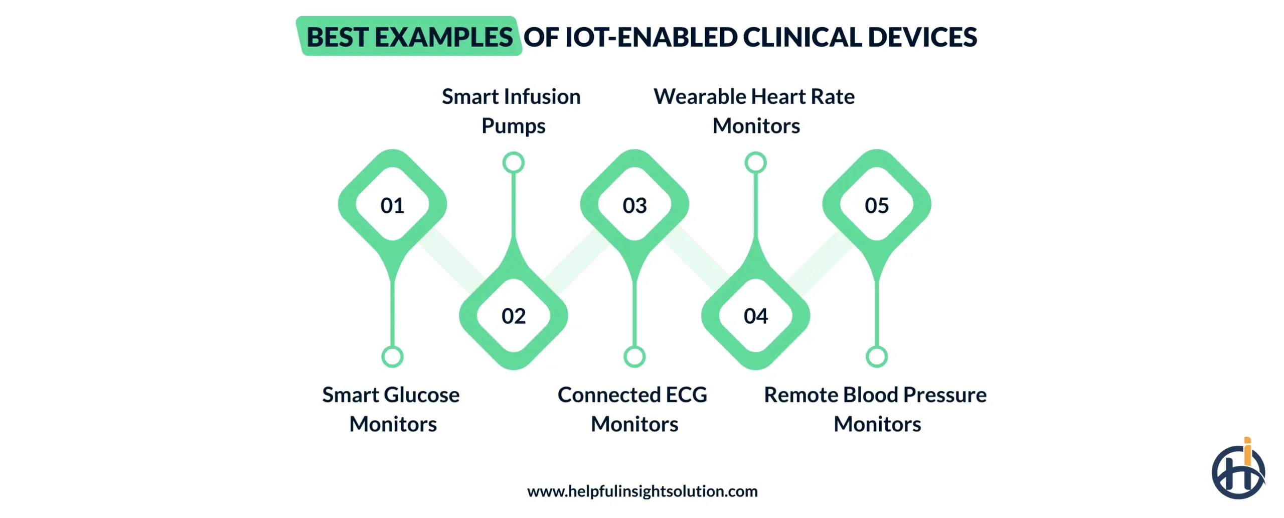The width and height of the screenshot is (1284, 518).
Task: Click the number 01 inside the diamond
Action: (392, 205)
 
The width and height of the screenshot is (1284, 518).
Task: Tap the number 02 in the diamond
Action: (514, 316)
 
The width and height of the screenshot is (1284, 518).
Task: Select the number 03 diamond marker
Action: (634, 205)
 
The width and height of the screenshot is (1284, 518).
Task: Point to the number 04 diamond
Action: (755, 316)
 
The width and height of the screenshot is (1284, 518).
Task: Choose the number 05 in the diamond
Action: (876, 205)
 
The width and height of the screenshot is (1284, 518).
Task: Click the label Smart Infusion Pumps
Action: (512, 111)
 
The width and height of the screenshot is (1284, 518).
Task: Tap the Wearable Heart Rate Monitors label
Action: (754, 111)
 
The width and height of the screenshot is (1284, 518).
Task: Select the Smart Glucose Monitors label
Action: (392, 409)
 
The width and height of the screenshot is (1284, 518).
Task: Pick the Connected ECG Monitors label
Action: (633, 409)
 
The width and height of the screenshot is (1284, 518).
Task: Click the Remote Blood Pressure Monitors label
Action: (876, 409)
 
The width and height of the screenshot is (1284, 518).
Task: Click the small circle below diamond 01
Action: (392, 356)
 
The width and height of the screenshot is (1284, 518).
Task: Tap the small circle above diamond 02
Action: (514, 163)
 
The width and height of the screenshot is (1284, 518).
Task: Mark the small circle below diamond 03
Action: (634, 356)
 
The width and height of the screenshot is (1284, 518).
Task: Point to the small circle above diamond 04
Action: (755, 163)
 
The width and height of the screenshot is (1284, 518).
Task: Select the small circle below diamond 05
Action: (876, 356)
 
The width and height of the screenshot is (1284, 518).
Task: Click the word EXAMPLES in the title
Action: (443, 37)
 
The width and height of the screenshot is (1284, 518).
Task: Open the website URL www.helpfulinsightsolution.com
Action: (642, 491)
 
